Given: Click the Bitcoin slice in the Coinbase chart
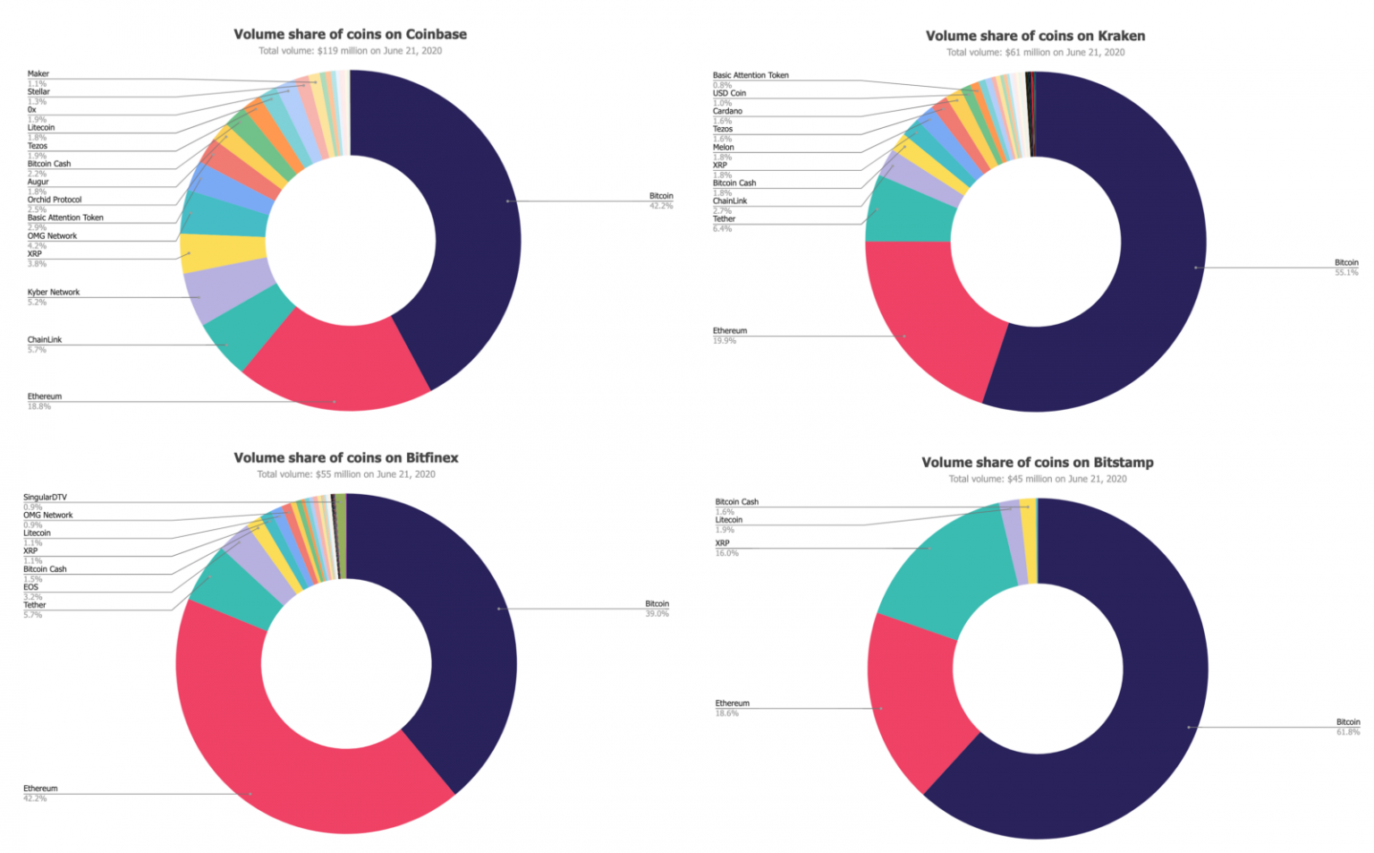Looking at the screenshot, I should coord(474,224).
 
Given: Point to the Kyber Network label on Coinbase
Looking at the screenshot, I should coord(54,292).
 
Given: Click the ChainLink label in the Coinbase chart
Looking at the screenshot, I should coord(45,340).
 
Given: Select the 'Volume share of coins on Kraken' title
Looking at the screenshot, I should coord(1035,36).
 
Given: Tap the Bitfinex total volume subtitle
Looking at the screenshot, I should coord(346,474).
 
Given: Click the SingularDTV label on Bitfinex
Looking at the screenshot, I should coord(45,497).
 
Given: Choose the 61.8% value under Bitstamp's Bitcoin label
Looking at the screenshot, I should coord(1347,732).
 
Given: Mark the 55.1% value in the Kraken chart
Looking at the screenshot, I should coord(1346,272).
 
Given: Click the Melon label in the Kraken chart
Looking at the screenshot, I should coord(723,147).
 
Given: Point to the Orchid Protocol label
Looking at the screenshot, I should coord(55,200).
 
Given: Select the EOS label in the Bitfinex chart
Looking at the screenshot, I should coord(31,587).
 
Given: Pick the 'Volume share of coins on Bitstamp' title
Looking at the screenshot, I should coord(1038,463).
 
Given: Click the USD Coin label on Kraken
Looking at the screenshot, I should coord(729,93).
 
